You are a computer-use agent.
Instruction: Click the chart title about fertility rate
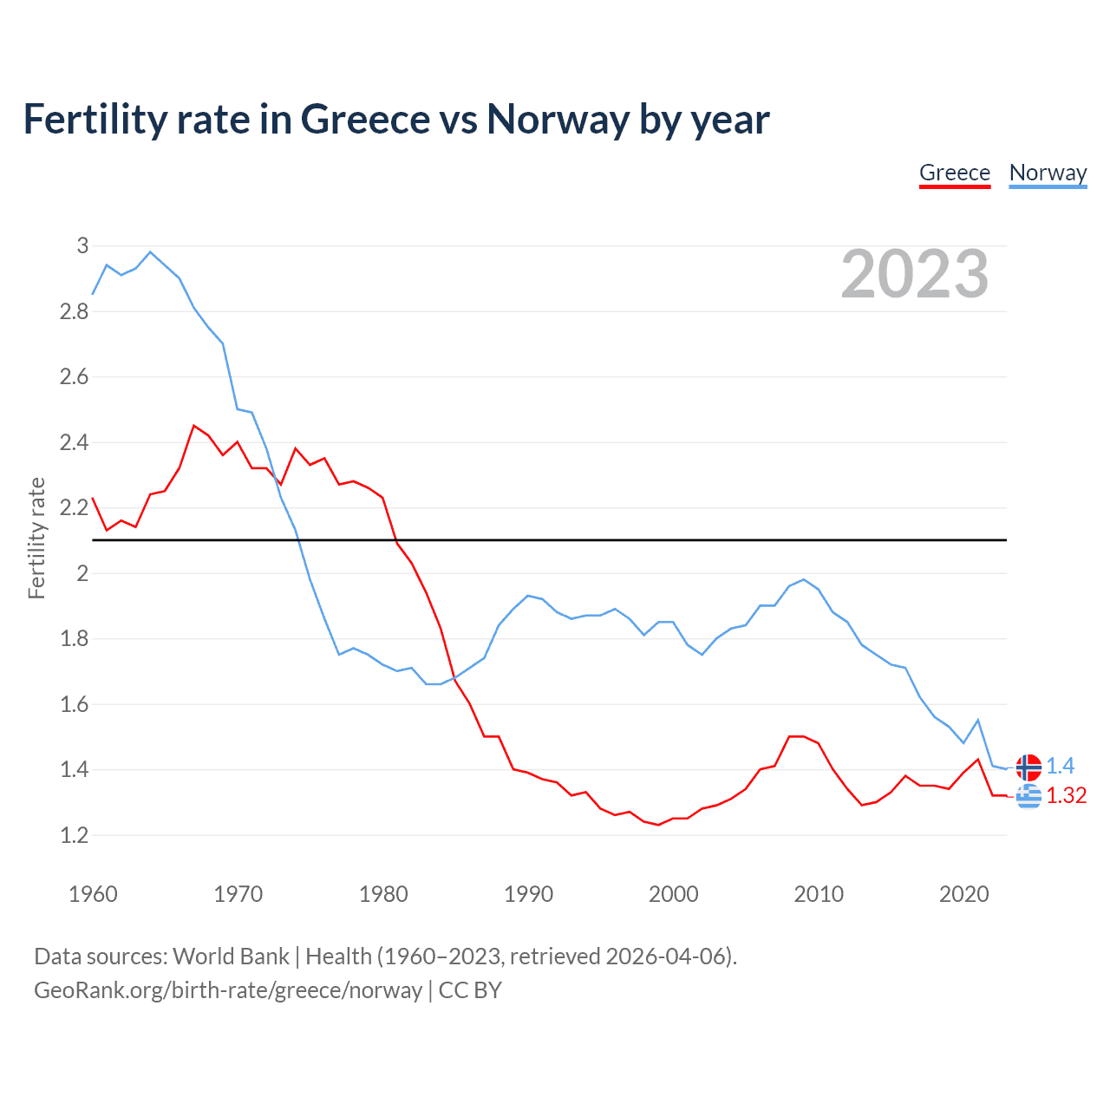(395, 119)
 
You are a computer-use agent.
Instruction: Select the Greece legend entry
(954, 173)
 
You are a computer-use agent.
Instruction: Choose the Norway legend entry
(1048, 173)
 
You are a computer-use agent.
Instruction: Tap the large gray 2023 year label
(915, 274)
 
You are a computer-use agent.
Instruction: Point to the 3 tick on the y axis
(82, 245)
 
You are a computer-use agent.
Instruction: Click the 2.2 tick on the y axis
(75, 507)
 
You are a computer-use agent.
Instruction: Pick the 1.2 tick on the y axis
(75, 835)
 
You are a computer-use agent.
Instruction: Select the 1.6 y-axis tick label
(75, 704)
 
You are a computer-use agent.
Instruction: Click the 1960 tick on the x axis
(93, 894)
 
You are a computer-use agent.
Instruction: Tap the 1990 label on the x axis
(528, 894)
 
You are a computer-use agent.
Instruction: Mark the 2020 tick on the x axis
(963, 894)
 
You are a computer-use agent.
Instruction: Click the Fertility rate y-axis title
(36, 538)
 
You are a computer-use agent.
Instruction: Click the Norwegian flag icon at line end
(1028, 767)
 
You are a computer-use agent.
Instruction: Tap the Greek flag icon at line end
(1028, 795)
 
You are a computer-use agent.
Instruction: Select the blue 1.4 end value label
(1060, 766)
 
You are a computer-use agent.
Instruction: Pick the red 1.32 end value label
(1066, 795)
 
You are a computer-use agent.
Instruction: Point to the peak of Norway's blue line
(150, 251)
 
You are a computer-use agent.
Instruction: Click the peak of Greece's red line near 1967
(194, 426)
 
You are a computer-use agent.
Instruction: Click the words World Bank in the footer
(231, 956)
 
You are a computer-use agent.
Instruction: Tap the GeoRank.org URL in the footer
(227, 990)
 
